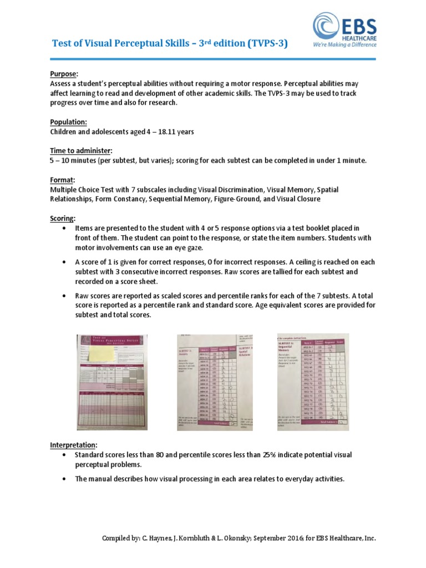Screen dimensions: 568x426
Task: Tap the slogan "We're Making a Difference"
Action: coord(344,44)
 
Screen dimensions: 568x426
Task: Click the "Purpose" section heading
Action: coord(64,74)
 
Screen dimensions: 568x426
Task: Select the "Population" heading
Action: coord(69,121)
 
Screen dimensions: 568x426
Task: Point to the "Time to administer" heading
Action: coord(81,151)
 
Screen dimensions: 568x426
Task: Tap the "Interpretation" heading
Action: coord(73,445)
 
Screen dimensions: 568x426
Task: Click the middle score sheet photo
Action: coord(215,382)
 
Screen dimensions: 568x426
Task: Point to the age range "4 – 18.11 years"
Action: coord(167,131)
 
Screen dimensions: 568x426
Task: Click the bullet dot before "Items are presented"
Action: coord(65,229)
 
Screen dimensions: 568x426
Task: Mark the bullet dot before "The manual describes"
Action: coord(65,479)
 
